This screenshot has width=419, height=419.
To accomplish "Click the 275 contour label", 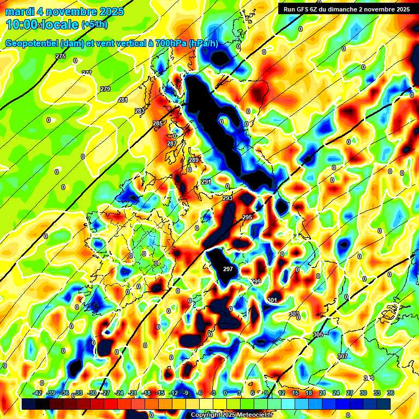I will (x=61, y=57).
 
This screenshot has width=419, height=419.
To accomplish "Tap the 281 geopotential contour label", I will (x=123, y=100).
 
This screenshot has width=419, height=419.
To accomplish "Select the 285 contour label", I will (x=158, y=124).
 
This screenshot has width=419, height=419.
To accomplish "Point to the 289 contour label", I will (x=194, y=160).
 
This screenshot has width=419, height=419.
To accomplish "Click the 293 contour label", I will (x=228, y=198).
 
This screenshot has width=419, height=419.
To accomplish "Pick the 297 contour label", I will (x=228, y=269).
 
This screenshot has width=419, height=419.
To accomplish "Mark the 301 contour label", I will (x=272, y=300).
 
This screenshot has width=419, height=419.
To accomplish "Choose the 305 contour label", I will (x=319, y=334).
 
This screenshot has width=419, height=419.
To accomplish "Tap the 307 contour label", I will (x=342, y=356).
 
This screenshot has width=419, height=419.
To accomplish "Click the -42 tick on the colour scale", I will (x=38, y=393).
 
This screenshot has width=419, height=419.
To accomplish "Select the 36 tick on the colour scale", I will (x=391, y=393).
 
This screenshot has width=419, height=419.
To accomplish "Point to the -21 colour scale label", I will (x=133, y=393).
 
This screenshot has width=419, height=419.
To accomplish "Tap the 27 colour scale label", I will (x=350, y=393).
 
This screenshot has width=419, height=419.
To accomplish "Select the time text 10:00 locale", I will (x=41, y=25).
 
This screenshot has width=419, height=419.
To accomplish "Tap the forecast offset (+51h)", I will (x=94, y=25).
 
